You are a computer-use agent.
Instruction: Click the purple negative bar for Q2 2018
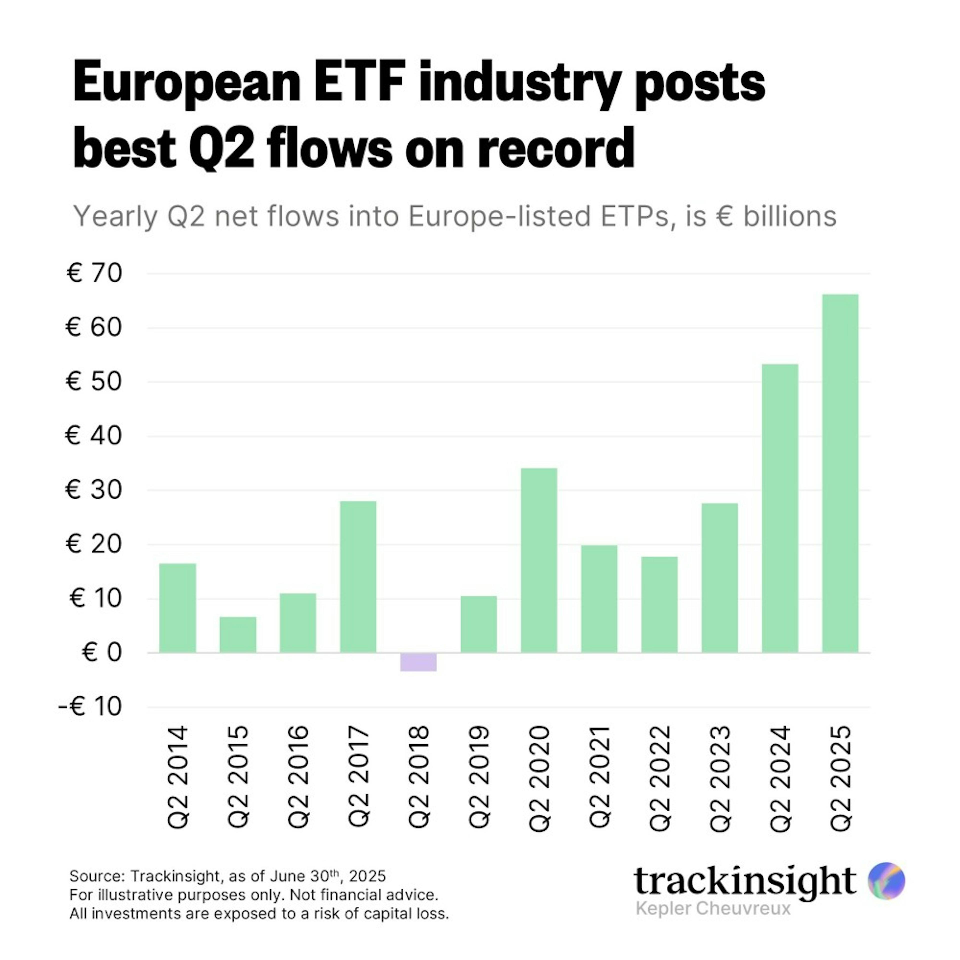coord(418,662)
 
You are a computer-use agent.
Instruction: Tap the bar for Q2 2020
coord(539,560)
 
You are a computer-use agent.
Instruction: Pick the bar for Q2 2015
coord(238,635)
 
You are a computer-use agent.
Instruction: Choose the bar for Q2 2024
coord(780,508)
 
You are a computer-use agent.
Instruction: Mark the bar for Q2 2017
coord(358,577)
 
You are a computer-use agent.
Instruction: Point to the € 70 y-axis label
coord(94,273)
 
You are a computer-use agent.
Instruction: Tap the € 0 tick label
coord(102,652)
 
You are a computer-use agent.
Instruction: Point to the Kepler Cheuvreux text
coord(713,908)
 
